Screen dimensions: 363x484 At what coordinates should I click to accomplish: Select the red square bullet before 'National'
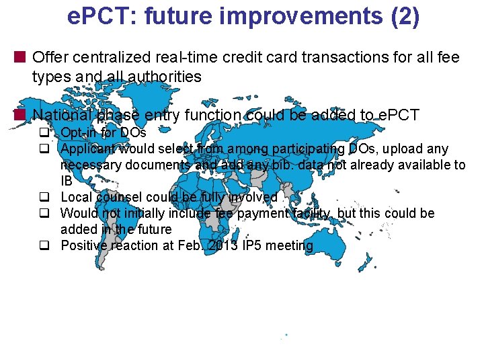tap(22, 115)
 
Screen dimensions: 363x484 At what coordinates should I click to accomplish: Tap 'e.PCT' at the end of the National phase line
tap(398, 115)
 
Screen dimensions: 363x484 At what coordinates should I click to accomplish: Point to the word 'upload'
tap(406, 149)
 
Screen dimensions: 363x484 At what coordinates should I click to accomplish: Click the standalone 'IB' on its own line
tap(67, 181)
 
